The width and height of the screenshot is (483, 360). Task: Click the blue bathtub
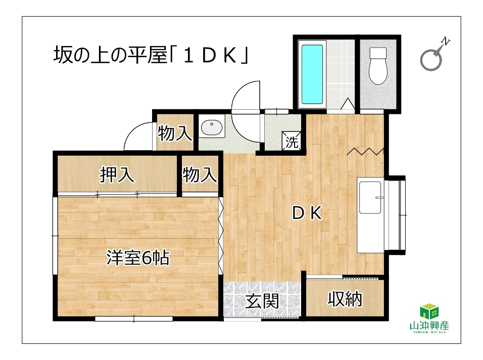click(312, 75)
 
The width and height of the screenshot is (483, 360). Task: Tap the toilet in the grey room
click(377, 66)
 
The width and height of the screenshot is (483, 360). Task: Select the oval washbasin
click(212, 127)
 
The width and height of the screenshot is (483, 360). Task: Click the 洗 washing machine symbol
click(292, 141)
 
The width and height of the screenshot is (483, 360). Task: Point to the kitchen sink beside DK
click(370, 197)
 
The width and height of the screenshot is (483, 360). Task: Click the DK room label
click(307, 213)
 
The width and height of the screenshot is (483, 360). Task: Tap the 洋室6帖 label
click(138, 258)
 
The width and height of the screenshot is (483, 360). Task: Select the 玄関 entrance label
click(262, 301)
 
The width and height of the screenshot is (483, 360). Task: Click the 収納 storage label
click(345, 299)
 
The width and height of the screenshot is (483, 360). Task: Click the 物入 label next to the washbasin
click(175, 133)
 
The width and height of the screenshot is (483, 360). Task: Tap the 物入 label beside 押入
click(200, 174)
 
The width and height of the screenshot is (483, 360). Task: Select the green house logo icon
click(429, 311)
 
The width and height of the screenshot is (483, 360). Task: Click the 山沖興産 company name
click(429, 326)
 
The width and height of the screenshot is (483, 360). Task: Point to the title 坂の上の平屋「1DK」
click(151, 55)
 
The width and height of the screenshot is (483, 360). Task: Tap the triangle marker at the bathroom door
click(348, 104)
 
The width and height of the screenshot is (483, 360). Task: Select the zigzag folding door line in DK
click(365, 151)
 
